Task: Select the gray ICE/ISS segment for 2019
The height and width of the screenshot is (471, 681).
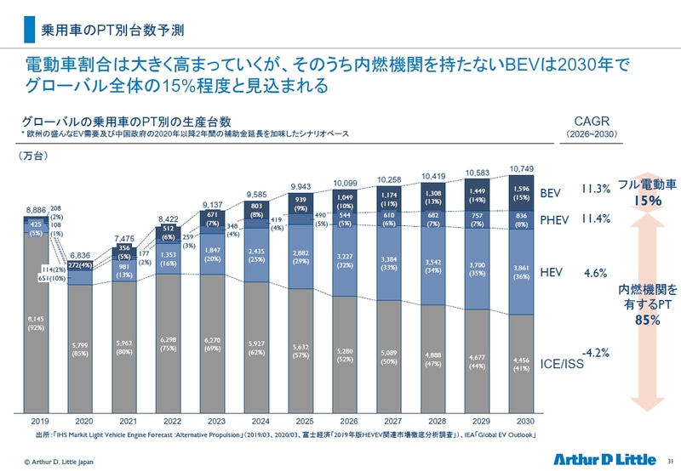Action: pos(37,323)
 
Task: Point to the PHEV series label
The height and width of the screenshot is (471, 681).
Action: pos(557,219)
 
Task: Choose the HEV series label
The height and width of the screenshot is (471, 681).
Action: pos(553,273)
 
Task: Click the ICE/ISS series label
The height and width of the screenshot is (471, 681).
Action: pos(561,364)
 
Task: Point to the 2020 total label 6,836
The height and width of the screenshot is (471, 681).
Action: pos(81,255)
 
